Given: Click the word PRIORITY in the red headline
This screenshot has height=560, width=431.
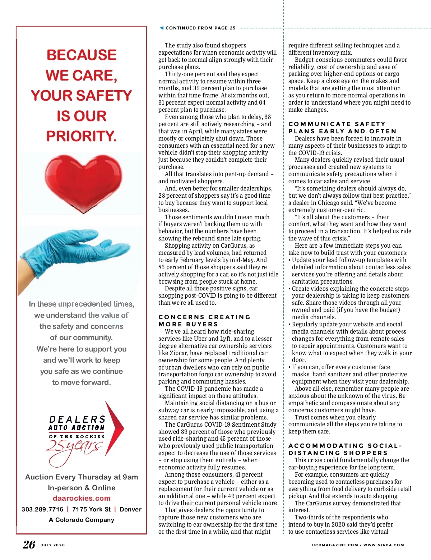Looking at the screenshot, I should pos(82,136).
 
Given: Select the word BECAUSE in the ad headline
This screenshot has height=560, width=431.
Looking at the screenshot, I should pos(82,55).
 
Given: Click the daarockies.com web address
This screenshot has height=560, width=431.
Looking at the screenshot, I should pos(82,499).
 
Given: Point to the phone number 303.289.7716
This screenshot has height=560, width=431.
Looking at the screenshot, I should pos(42,509).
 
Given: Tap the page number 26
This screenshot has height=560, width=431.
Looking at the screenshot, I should pos(29,545).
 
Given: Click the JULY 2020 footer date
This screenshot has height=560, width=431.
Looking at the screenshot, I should pos(53,545).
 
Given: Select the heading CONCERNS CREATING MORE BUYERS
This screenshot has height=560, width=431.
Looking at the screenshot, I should pos(204,321).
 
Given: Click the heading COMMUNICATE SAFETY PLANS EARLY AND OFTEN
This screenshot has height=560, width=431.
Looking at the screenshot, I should pos(342,128).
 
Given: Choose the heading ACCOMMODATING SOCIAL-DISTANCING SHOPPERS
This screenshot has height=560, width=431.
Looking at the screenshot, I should pos(345,449).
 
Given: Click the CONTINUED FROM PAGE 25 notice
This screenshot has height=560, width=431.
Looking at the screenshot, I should pos(200,28).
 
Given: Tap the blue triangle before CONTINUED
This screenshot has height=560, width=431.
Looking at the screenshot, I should pos(162,28).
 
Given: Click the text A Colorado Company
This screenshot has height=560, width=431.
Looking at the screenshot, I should pos(82,520).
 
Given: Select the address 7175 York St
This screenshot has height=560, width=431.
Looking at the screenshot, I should pos(91,509).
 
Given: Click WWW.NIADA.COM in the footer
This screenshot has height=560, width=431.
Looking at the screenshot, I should pos(384,545).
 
